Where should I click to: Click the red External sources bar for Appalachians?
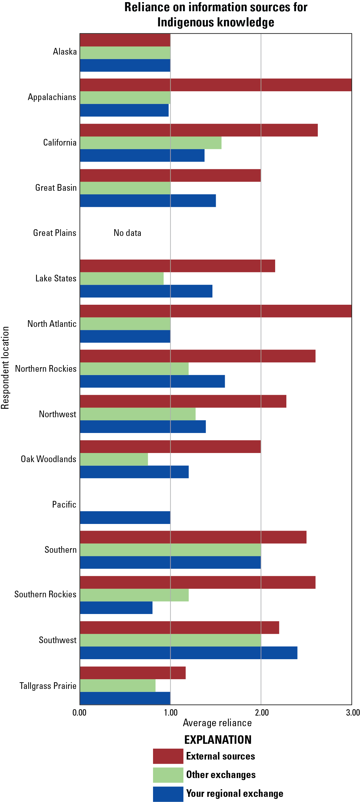click(216, 85)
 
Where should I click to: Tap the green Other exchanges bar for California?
click(151, 143)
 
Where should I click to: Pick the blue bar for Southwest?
click(188, 653)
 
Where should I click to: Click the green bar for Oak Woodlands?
click(114, 459)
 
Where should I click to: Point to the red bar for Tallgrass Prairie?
click(133, 673)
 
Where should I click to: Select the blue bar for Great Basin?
click(148, 200)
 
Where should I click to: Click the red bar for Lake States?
click(177, 266)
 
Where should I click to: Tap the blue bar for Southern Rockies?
click(116, 607)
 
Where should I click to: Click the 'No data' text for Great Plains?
click(127, 233)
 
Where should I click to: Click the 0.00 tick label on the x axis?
click(79, 712)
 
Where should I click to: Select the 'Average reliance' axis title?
click(217, 723)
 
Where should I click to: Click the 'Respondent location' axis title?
click(5, 367)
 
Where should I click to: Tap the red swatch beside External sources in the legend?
click(168, 756)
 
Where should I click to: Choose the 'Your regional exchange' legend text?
click(235, 793)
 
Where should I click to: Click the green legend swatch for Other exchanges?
click(168, 775)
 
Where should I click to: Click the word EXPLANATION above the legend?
click(218, 740)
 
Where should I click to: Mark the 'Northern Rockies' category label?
click(46, 369)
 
